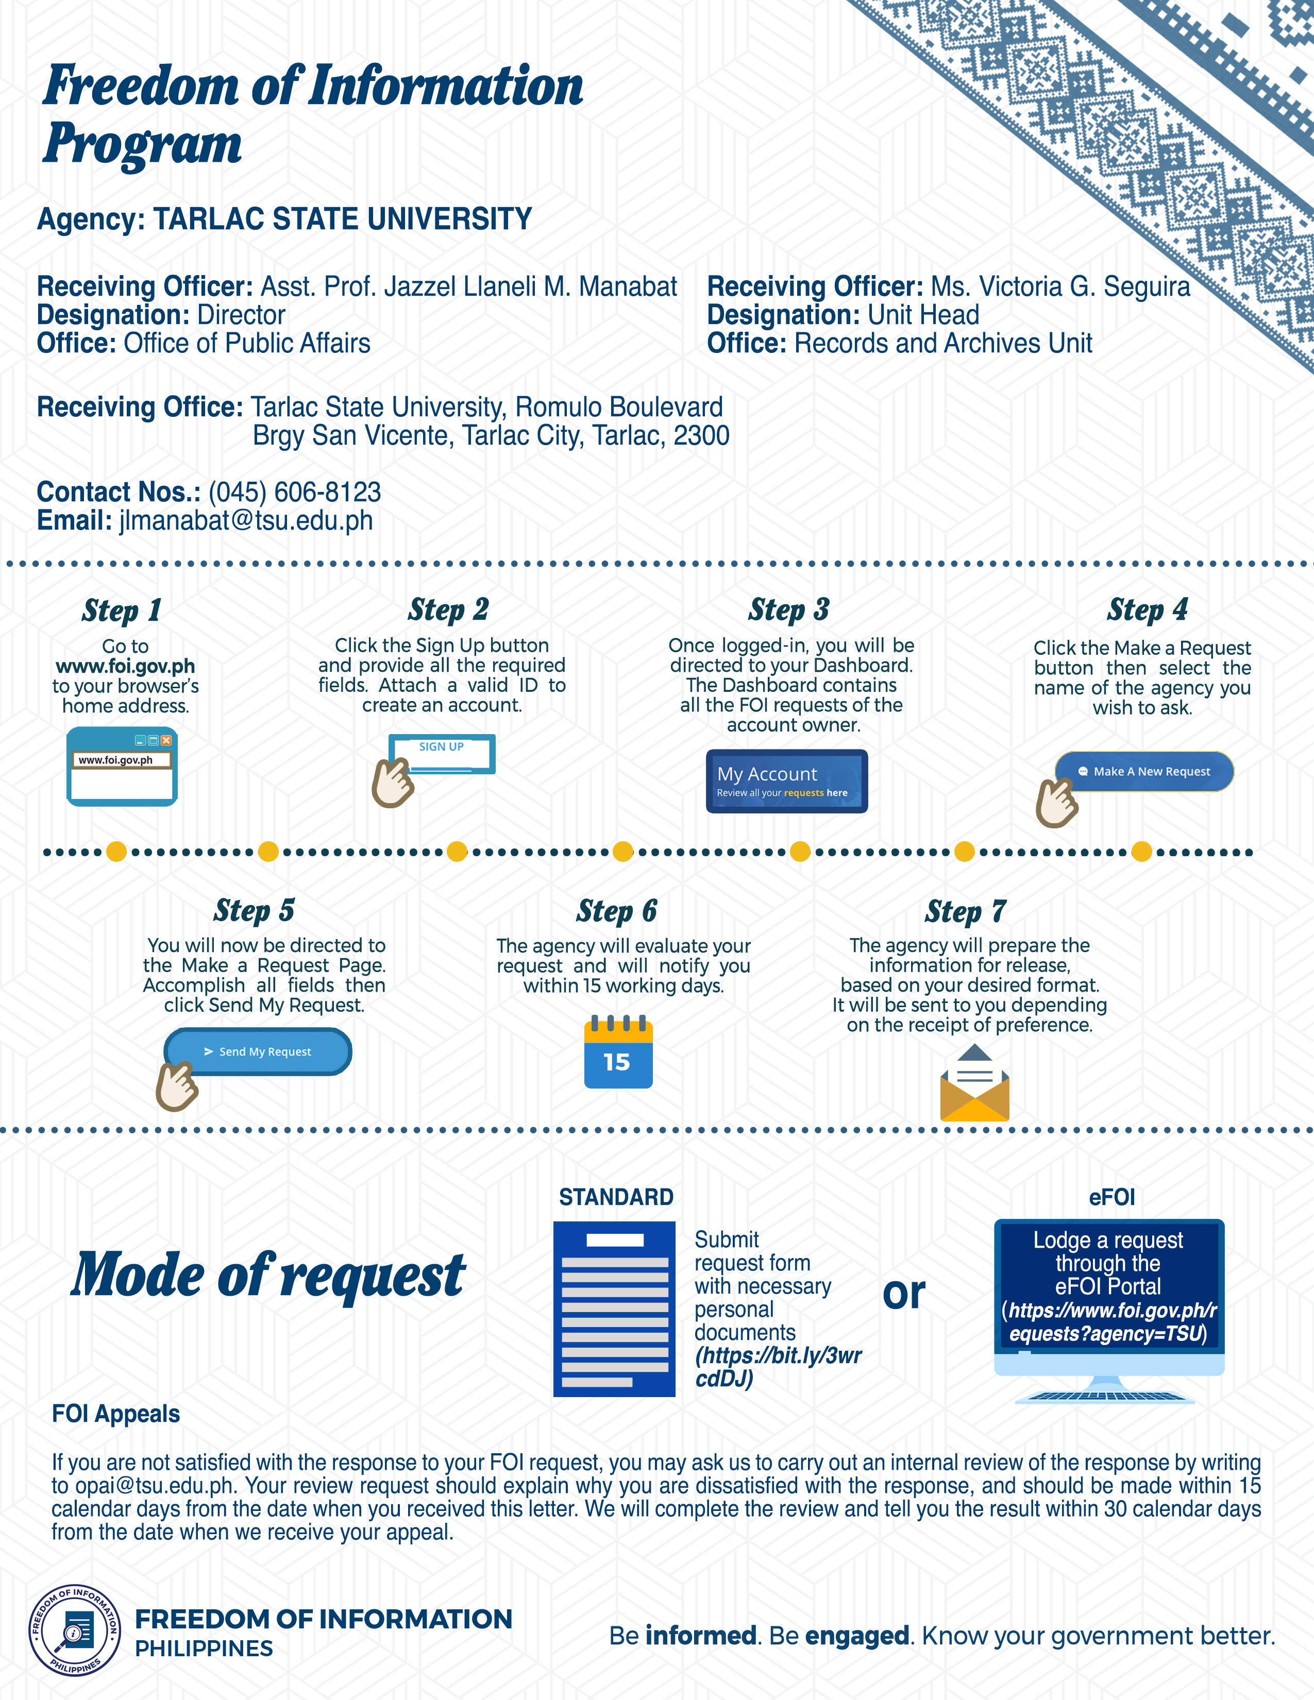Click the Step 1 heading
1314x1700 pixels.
point(122,610)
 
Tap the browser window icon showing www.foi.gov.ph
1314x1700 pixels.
point(122,767)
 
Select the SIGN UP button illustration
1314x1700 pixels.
point(442,753)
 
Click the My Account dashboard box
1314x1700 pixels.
point(786,781)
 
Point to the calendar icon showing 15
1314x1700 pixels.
point(618,1052)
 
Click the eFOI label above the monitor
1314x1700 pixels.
point(1111,1197)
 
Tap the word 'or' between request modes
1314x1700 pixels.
point(904,1294)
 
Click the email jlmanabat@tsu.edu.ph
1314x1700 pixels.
point(246,521)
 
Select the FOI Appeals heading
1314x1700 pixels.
point(116,1414)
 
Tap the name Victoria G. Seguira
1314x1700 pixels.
point(1060,286)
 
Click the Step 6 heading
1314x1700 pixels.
point(616,911)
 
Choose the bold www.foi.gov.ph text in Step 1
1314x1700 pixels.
point(125,666)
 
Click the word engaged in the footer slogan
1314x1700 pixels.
point(856,1636)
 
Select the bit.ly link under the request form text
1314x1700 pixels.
point(778,1368)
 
